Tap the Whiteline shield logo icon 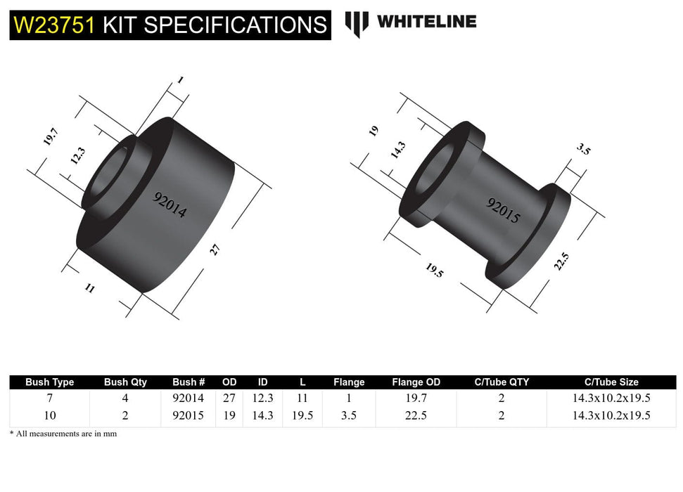(x=357, y=23)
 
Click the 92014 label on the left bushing (x=170, y=205)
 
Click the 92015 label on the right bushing (x=504, y=209)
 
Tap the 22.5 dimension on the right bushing (x=561, y=261)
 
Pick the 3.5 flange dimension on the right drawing (x=583, y=150)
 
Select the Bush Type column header (x=49, y=382)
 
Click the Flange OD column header (x=416, y=382)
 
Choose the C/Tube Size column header (x=611, y=382)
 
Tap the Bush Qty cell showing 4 (x=125, y=398)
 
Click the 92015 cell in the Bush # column (x=188, y=415)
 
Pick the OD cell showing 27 (x=229, y=398)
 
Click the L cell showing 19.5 (x=302, y=415)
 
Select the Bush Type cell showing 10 (x=49, y=415)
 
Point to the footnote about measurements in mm (x=63, y=434)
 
